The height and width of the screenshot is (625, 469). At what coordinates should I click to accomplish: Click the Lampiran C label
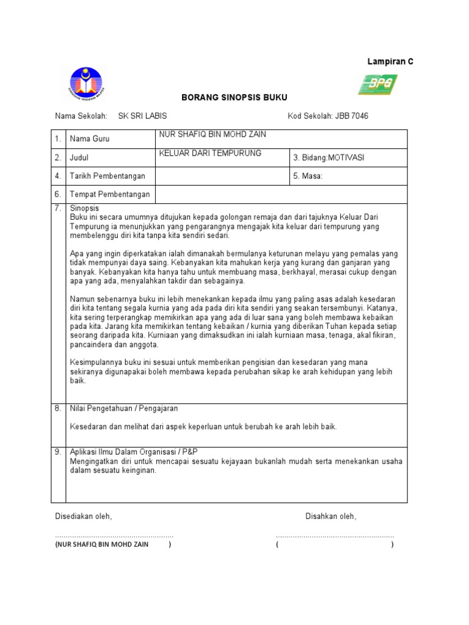[390, 62]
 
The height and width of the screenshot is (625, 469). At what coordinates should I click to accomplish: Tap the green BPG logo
[377, 84]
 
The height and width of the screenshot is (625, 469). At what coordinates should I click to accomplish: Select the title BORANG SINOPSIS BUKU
[226, 98]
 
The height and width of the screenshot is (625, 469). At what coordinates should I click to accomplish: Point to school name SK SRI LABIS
[142, 116]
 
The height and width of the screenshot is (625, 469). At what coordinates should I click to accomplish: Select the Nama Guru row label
[90, 139]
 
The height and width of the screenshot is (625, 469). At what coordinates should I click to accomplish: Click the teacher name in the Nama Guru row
[212, 134]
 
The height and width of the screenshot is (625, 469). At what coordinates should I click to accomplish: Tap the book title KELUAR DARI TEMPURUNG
[209, 153]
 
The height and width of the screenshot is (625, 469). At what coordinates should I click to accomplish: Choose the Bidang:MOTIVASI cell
[328, 157]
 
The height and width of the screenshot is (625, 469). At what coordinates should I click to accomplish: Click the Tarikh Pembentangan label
[107, 176]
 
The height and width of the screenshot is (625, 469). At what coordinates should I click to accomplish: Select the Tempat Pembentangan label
[110, 195]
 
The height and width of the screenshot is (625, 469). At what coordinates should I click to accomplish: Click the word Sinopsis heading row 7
[84, 208]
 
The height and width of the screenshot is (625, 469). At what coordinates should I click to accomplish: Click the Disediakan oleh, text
[84, 516]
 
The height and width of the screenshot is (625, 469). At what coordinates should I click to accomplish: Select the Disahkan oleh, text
[330, 516]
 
